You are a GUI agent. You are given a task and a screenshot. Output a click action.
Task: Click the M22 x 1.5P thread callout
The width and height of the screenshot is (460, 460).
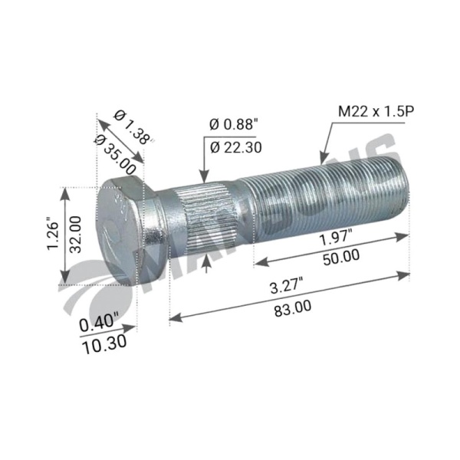pos(376,112)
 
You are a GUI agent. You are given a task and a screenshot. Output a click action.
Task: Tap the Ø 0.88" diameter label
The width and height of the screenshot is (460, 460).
pos(234,125)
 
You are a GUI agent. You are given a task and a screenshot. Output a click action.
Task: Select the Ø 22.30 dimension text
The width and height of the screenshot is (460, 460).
pos(236,147)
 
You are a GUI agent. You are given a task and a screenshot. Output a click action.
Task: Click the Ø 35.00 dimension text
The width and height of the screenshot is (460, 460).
pos(115,155)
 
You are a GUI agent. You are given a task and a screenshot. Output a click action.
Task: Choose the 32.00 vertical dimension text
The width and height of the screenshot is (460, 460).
pos(75,235)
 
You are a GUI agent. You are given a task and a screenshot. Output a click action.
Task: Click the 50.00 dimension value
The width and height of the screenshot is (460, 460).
pos(341,258)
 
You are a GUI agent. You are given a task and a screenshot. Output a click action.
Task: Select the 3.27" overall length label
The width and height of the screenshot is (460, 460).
pos(287,286)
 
